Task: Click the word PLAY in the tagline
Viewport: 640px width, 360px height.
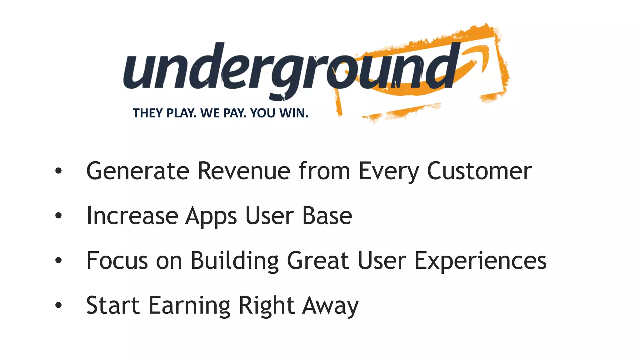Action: pos(182,113)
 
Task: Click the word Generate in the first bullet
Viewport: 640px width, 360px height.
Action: pos(138,171)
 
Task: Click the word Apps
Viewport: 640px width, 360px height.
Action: pos(211,216)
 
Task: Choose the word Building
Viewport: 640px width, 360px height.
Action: pos(234,261)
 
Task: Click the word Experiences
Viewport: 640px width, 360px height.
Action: pos(480,261)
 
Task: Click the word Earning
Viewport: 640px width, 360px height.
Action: pos(189,306)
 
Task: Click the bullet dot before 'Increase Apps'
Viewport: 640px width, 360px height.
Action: pos(58,216)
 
